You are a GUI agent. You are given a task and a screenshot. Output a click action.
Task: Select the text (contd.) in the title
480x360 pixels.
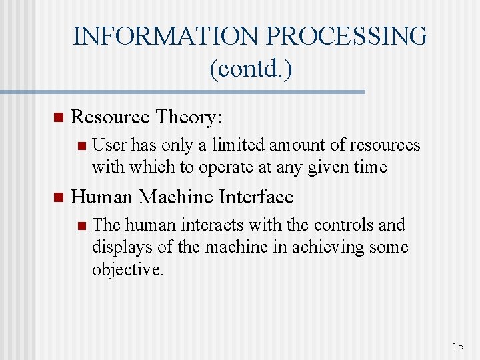250,69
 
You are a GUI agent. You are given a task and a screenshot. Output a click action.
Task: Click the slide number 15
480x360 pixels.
457,345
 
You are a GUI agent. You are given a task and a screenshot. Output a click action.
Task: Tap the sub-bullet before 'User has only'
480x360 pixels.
81,146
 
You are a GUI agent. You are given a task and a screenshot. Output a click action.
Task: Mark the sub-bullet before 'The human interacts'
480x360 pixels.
81,226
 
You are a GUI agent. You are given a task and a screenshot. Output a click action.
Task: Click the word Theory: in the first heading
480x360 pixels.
189,117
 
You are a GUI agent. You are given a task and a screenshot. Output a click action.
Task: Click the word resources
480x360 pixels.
386,145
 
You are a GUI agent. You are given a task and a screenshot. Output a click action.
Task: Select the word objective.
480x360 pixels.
127,269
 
